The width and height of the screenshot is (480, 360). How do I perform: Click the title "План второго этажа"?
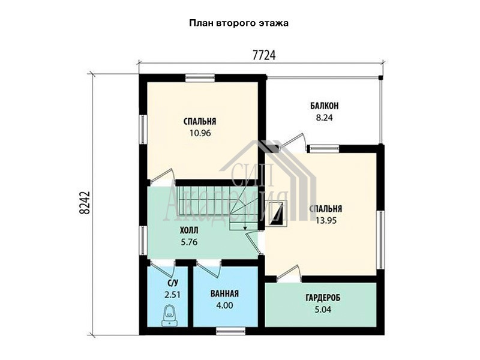click(238, 23)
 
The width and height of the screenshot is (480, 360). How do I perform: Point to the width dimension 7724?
click(264, 55)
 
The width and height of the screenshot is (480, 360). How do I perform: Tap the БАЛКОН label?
click(324, 106)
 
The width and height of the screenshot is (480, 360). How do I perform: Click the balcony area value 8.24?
click(324, 118)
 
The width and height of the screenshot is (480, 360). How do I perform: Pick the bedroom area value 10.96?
click(200, 133)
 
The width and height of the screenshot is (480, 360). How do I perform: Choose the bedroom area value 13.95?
click(326, 220)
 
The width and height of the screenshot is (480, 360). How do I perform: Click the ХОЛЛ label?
click(189, 230)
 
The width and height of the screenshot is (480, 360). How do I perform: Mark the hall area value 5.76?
click(189, 242)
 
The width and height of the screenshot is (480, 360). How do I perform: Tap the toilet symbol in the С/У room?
click(169, 316)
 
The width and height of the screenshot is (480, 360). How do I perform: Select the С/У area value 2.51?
click(172, 295)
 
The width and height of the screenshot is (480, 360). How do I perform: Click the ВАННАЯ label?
click(224, 293)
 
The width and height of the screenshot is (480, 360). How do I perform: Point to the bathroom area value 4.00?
click(224, 305)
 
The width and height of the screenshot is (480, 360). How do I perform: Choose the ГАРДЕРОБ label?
click(323, 298)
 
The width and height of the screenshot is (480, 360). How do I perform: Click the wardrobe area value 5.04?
click(323, 310)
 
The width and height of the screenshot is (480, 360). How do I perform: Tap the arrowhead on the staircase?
click(245, 228)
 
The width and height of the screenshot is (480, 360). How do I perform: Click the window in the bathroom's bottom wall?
click(230, 331)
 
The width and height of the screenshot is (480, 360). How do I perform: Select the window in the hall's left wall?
click(143, 241)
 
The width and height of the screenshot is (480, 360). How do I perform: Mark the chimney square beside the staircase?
click(278, 213)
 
